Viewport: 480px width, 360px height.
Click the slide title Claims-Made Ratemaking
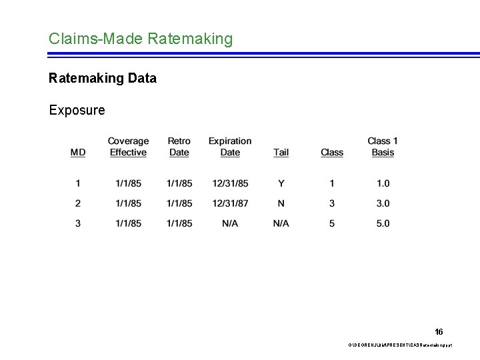click(141, 39)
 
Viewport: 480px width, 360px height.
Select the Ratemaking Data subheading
click(103, 79)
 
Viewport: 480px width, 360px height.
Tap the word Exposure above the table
click(77, 110)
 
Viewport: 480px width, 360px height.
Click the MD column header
click(78, 153)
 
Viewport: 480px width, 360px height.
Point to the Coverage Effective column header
click(128, 147)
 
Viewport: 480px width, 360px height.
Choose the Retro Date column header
click(179, 147)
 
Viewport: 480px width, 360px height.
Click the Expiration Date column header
click(230, 147)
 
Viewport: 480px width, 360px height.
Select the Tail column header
click(281, 153)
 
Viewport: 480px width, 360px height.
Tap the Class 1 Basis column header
click(383, 147)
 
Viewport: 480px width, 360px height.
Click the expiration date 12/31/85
click(230, 183)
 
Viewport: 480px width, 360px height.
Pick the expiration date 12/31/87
click(230, 203)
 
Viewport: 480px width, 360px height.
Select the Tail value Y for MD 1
click(281, 183)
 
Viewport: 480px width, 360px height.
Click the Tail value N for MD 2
click(281, 203)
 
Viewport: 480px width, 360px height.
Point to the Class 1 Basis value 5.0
click(383, 223)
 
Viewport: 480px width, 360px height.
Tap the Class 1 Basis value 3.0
click(383, 203)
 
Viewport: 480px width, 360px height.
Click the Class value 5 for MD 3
click(332, 223)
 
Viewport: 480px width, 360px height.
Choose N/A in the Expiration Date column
click(230, 223)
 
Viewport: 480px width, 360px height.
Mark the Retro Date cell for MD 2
click(179, 203)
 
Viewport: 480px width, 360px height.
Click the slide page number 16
click(439, 331)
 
